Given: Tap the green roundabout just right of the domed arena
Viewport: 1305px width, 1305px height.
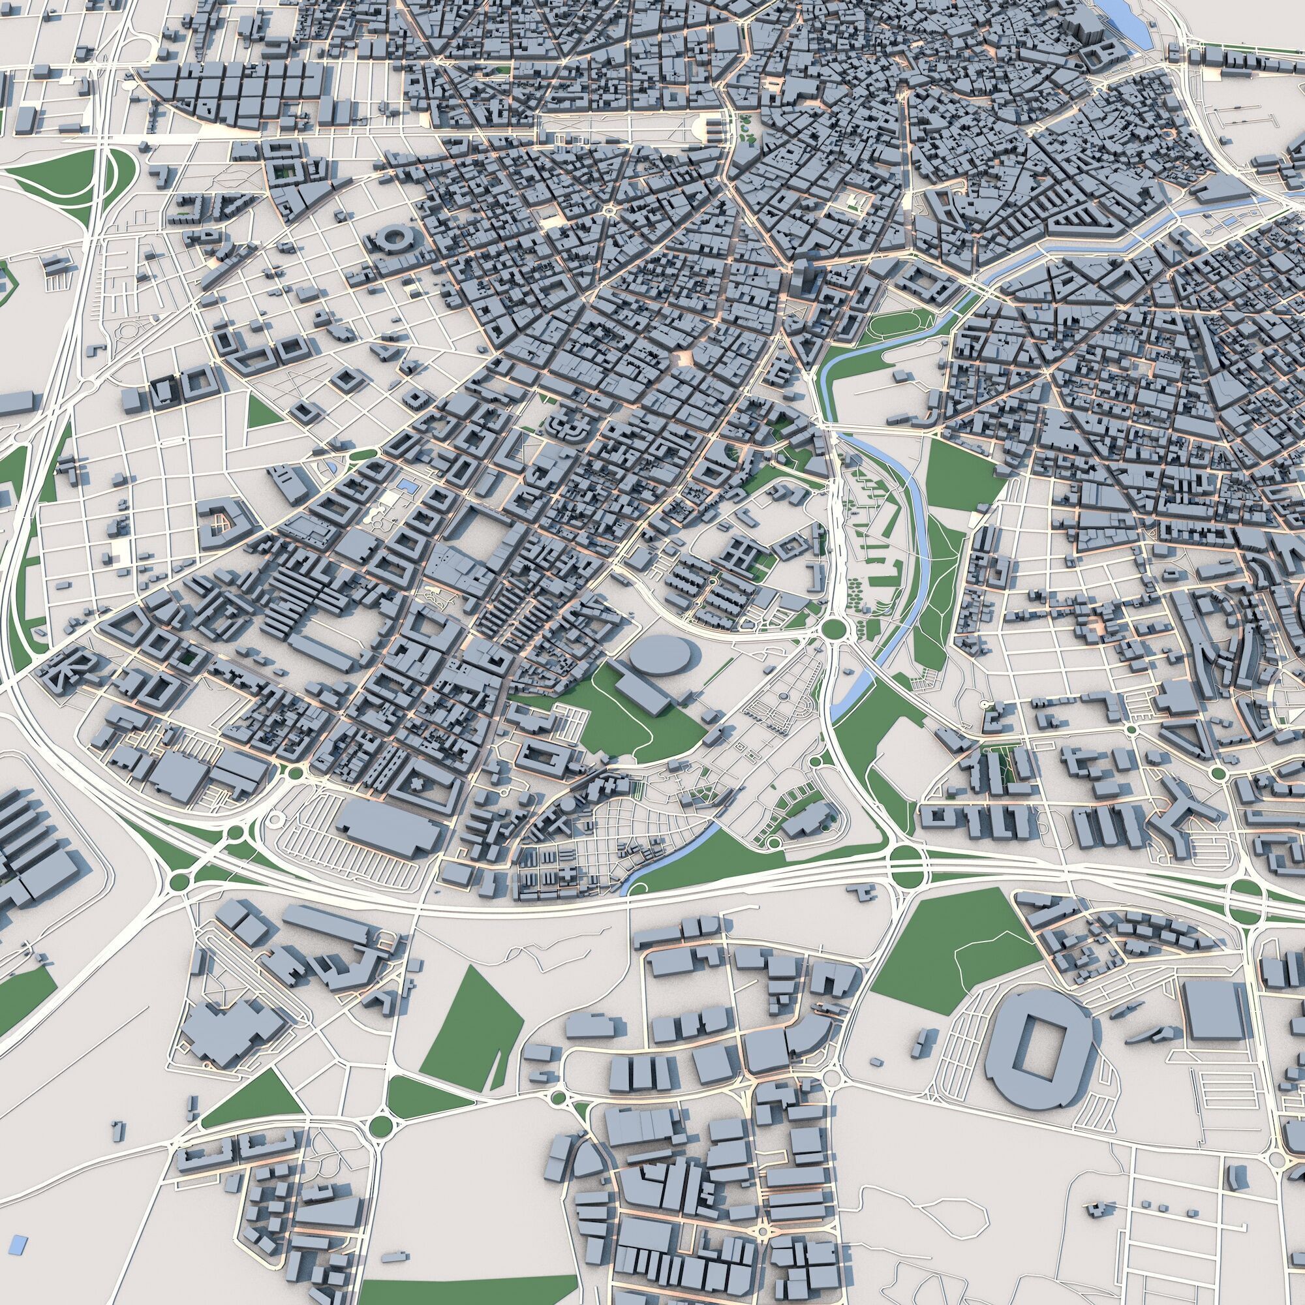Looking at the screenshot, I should coord(835,629).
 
